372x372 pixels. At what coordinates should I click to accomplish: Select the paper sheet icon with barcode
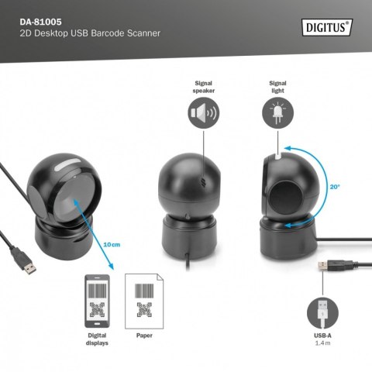click(x=143, y=301)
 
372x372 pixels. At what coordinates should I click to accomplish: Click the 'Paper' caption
click(x=143, y=336)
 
